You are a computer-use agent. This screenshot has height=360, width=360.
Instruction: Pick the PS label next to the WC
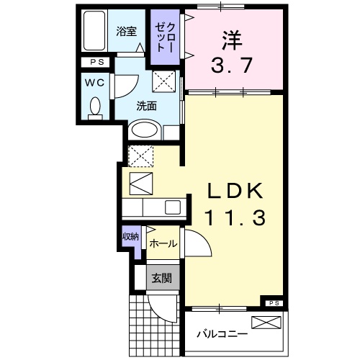(x=95, y=63)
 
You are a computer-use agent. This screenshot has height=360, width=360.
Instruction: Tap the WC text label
(x=94, y=83)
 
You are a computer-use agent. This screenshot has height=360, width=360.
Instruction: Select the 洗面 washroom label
(x=147, y=106)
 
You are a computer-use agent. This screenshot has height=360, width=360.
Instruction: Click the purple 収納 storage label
(x=130, y=237)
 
